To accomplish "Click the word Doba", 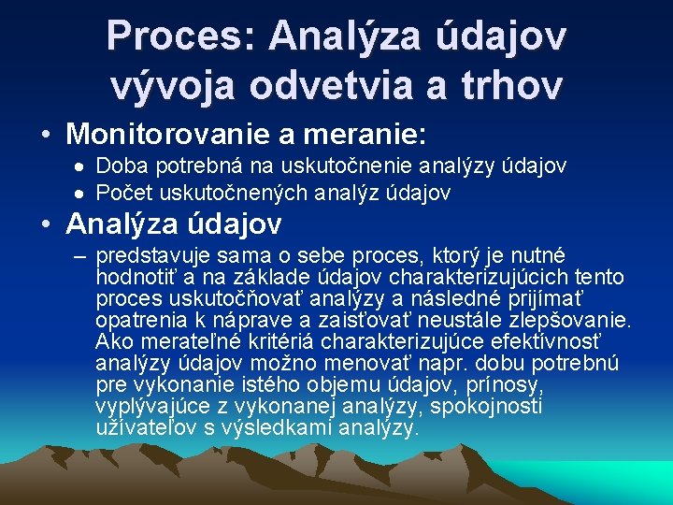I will point(118,166).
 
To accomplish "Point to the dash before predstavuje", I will point(79,256).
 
